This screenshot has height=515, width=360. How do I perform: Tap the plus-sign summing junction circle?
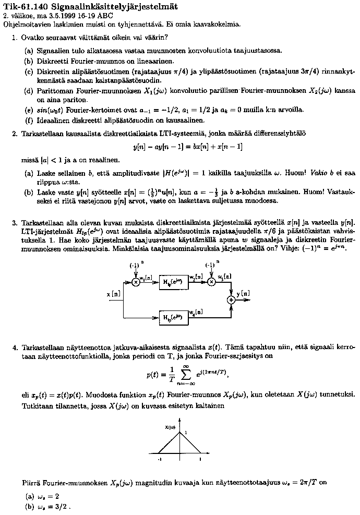(x=231, y=300)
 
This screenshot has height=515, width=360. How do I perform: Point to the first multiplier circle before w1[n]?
(x=136, y=282)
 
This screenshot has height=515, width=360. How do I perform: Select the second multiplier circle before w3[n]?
(x=211, y=282)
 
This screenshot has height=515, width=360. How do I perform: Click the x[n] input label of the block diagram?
(x=114, y=294)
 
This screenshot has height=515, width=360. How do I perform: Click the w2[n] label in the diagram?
(x=195, y=276)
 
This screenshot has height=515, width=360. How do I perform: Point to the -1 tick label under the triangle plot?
(x=160, y=459)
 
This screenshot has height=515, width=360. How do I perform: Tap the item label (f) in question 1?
(x=28, y=121)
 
